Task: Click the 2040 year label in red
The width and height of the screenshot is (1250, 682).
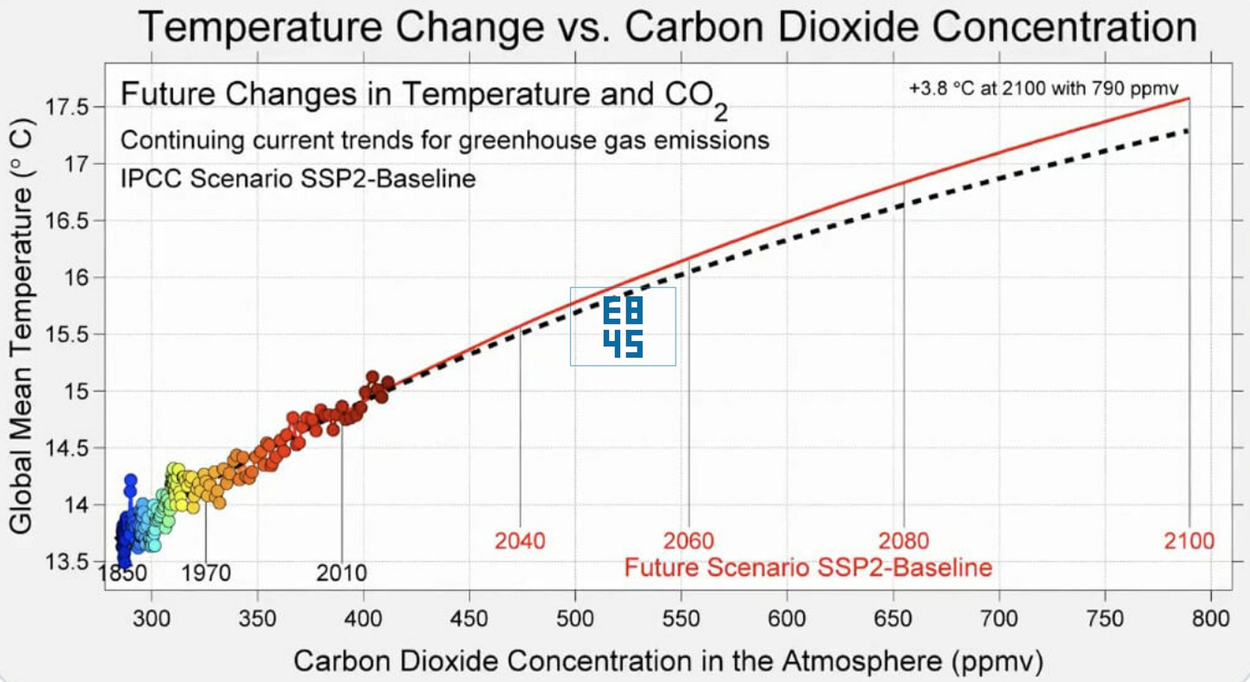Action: click(520, 541)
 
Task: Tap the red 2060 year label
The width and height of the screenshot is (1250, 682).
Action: click(688, 541)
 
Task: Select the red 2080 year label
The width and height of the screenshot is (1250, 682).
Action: click(903, 541)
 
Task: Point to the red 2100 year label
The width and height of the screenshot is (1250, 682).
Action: click(1189, 541)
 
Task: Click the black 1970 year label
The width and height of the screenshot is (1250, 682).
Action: click(206, 573)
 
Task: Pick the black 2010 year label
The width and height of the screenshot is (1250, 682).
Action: click(341, 573)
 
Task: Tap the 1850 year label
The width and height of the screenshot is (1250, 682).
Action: click(123, 573)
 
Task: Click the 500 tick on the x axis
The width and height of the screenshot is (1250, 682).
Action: click(575, 619)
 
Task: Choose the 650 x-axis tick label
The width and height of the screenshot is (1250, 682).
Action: click(893, 619)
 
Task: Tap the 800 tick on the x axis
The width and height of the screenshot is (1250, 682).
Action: click(1210, 619)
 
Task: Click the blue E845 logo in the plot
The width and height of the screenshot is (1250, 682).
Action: click(623, 326)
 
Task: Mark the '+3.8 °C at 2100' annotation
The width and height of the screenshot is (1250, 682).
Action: click(1043, 88)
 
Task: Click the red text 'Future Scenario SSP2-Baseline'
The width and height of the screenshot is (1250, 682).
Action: click(808, 568)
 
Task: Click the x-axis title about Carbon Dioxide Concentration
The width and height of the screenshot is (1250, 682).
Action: click(668, 661)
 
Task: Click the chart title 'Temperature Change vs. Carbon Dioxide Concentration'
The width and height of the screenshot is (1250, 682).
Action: click(667, 27)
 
